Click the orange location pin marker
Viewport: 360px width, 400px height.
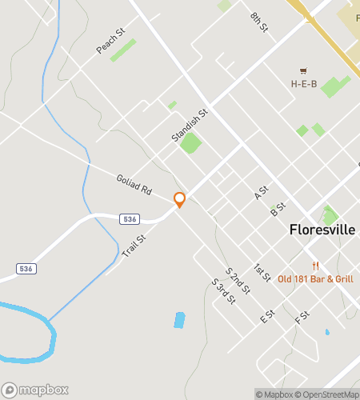180,200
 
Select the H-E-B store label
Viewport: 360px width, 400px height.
304,83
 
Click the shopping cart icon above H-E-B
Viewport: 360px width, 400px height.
303,70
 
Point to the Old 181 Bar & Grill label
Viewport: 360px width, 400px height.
315,278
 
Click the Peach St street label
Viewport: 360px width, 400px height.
111,43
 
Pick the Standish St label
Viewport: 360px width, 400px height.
190,126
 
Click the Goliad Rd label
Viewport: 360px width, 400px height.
134,186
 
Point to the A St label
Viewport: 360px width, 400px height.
260,194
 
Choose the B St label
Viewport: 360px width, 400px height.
278,210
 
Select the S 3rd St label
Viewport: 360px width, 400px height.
223,292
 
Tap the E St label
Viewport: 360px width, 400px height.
267,317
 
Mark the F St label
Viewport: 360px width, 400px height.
302,317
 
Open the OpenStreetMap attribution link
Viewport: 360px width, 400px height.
327,394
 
